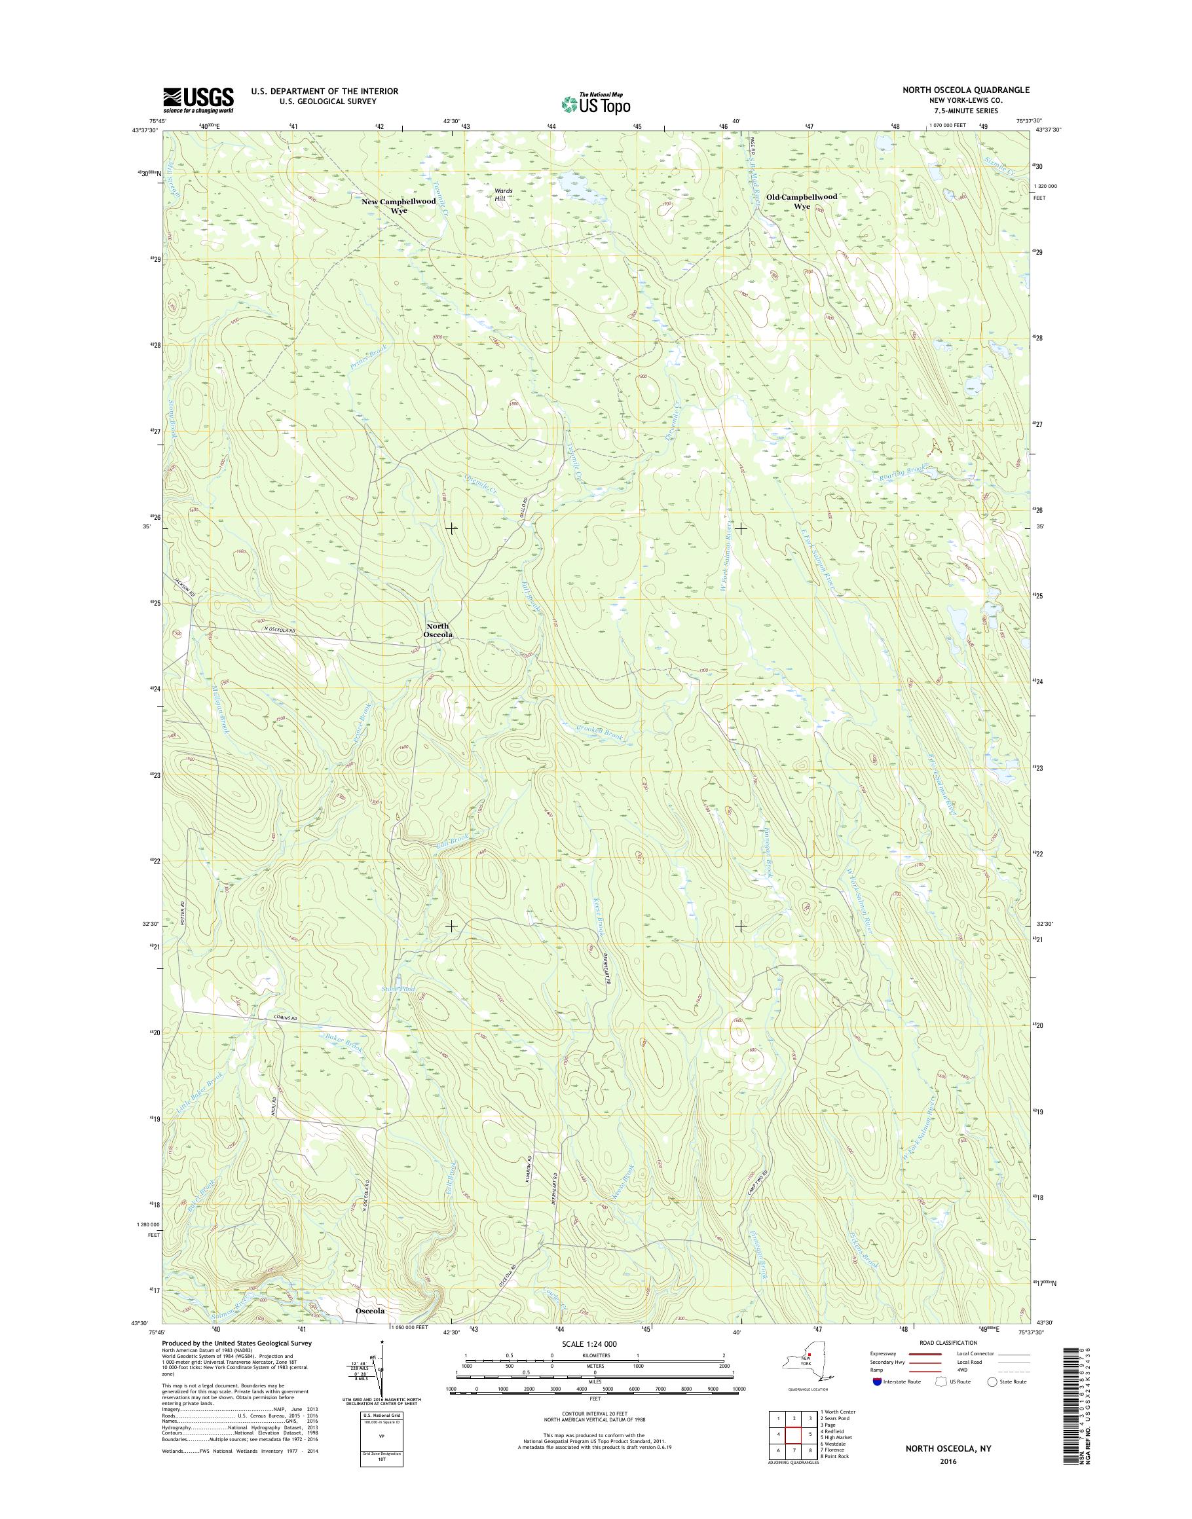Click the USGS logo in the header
coord(198,100)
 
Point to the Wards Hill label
coord(503,194)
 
